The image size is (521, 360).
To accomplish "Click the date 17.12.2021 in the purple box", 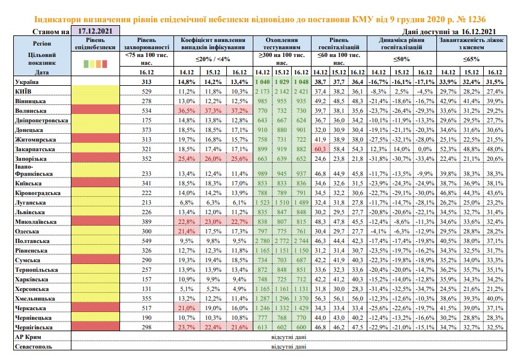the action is pyautogui.click(x=95, y=31).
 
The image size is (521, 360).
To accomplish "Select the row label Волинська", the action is pyautogui.click(x=31, y=110).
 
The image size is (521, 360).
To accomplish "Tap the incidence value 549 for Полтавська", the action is pyautogui.click(x=146, y=241).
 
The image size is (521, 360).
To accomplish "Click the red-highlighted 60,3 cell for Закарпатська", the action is pyautogui.click(x=321, y=149).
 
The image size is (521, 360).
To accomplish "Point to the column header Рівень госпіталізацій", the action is pyautogui.click(x=339, y=44).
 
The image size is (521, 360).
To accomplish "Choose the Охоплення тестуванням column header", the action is pyautogui.click(x=282, y=44).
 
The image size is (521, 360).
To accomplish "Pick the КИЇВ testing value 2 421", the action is pyautogui.click(x=301, y=91).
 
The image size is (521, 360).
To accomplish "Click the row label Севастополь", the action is pyautogui.click(x=34, y=346).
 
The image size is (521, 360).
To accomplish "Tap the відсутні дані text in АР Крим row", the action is pyautogui.click(x=289, y=337).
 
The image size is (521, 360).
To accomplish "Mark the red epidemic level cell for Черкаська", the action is pyautogui.click(x=95, y=308).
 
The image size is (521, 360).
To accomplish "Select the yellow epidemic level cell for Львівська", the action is pyautogui.click(x=95, y=212).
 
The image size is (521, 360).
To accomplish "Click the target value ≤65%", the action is pyautogui.click(x=472, y=59).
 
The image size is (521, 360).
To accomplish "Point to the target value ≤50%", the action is pyautogui.click(x=402, y=59).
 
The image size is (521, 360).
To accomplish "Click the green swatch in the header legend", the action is pyautogui.click(x=86, y=64).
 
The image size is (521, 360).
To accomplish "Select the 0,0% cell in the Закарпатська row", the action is pyautogui.click(x=425, y=149).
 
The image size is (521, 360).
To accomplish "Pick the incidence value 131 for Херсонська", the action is pyautogui.click(x=146, y=289).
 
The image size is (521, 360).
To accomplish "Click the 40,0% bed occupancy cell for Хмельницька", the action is pyautogui.click(x=495, y=298).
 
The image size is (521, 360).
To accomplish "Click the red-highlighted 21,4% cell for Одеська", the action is pyautogui.click(x=187, y=231).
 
